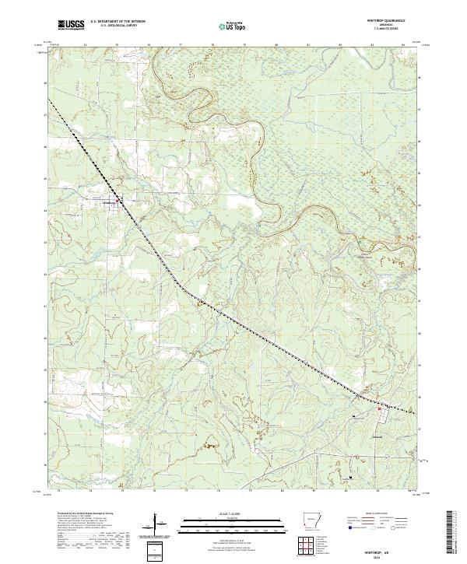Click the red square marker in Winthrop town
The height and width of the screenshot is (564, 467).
click(118, 204)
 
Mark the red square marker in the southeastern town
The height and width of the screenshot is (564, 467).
click(379, 408)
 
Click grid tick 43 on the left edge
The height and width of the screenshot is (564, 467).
click(45, 242)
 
